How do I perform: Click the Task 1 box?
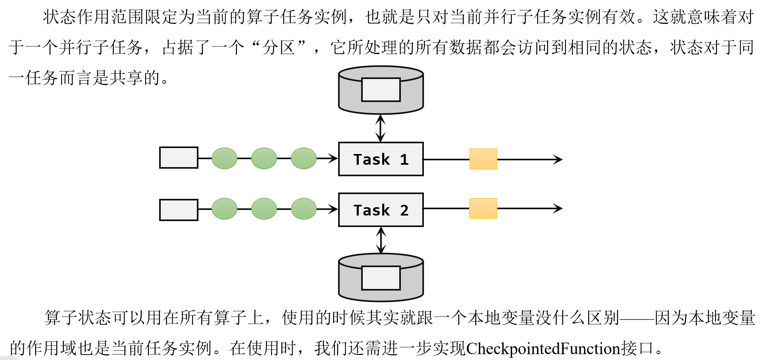[x=381, y=159]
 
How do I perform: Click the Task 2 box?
[x=381, y=210]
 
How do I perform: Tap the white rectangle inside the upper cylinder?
[x=381, y=90]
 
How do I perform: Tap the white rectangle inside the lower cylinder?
[x=381, y=278]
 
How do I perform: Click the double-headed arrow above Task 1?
[x=381, y=128]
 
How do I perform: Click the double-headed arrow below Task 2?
[x=381, y=240]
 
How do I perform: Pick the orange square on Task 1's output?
[x=483, y=159]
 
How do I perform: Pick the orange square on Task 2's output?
[x=483, y=208]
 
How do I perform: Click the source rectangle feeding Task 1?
[x=179, y=158]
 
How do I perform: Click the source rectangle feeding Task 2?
[x=179, y=210]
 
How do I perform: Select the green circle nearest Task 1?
[x=304, y=158]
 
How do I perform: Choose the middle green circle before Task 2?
[x=264, y=209]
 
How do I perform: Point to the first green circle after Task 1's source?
[x=224, y=158]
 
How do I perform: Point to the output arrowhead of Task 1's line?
[x=559, y=160]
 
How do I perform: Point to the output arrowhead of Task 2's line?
[x=559, y=208]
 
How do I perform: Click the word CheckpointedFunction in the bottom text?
[x=543, y=348]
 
